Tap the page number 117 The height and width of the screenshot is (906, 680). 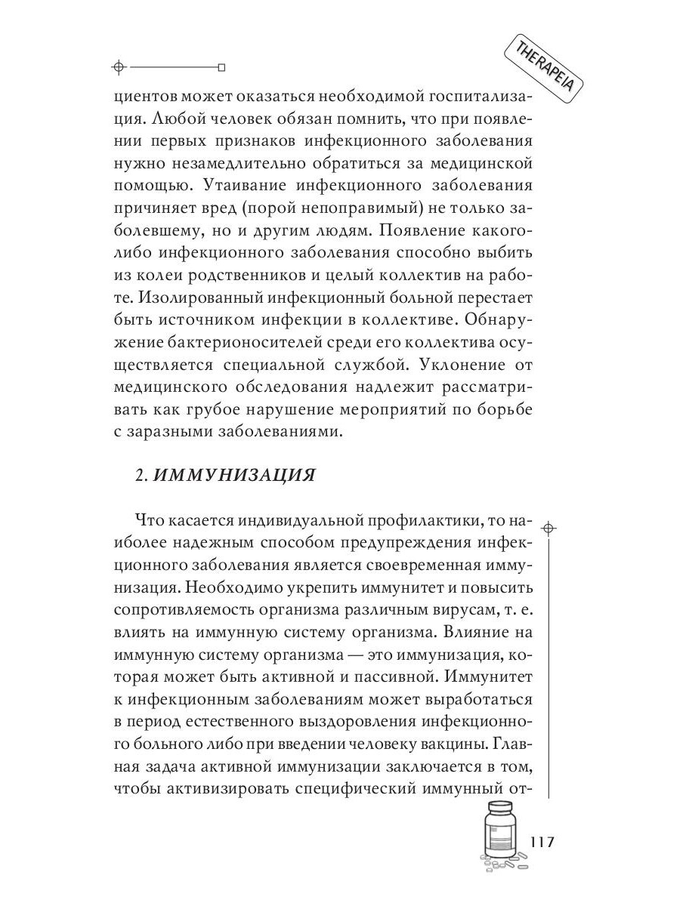(543, 842)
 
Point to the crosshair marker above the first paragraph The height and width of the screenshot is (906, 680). (117, 67)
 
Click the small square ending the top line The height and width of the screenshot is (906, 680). (221, 67)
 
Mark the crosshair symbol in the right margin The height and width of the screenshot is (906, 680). (549, 528)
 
